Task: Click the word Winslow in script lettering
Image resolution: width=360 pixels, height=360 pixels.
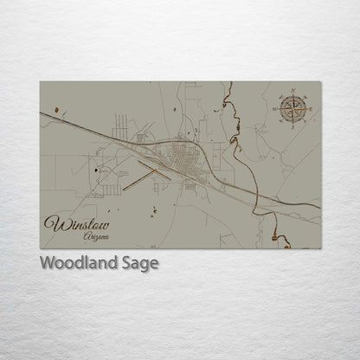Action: pos(76,223)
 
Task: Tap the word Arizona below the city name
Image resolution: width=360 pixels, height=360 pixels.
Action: pos(96,236)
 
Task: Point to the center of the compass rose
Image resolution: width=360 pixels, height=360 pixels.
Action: pos(292,107)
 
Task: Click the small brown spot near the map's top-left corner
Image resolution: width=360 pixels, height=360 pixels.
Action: pos(56,110)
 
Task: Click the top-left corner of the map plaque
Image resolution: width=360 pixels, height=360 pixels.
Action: pos(41,82)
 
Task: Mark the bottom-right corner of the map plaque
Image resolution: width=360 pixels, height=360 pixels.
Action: pos(320,248)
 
